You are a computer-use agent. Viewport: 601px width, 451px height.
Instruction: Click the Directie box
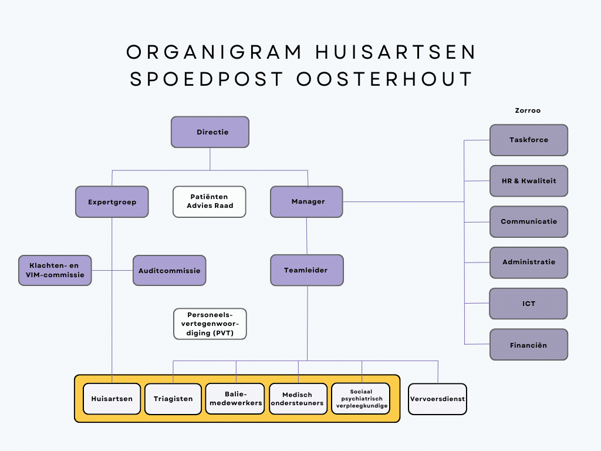click(210, 132)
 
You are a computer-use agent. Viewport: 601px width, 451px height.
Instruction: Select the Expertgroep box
click(112, 202)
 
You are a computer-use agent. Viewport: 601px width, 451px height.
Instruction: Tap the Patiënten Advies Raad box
click(210, 201)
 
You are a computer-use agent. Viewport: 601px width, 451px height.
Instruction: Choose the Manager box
click(306, 202)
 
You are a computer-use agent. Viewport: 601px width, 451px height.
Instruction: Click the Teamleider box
click(306, 270)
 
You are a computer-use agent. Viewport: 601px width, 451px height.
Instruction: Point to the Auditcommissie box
click(169, 271)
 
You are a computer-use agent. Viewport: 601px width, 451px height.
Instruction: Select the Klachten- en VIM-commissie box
click(55, 270)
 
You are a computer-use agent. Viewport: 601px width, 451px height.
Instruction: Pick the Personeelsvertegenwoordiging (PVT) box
click(210, 324)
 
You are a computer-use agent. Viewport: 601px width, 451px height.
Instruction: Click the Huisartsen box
click(112, 399)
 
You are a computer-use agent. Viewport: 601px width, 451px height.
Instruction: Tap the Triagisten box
click(173, 399)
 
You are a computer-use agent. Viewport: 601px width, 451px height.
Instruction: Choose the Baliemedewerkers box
click(235, 399)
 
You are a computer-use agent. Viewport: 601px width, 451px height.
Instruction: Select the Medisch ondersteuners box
click(298, 399)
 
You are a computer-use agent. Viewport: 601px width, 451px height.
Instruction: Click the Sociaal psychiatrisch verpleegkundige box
click(361, 399)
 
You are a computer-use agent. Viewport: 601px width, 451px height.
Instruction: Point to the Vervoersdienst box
click(437, 399)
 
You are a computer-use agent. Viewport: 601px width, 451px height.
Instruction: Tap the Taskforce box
click(529, 140)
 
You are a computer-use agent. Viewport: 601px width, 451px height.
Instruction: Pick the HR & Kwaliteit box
click(529, 181)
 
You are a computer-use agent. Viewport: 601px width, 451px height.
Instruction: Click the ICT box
click(529, 304)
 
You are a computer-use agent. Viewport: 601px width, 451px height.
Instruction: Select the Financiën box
click(529, 345)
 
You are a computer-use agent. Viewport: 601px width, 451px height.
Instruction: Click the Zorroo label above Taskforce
click(528, 110)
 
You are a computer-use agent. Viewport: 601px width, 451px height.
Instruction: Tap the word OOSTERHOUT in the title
click(384, 79)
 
